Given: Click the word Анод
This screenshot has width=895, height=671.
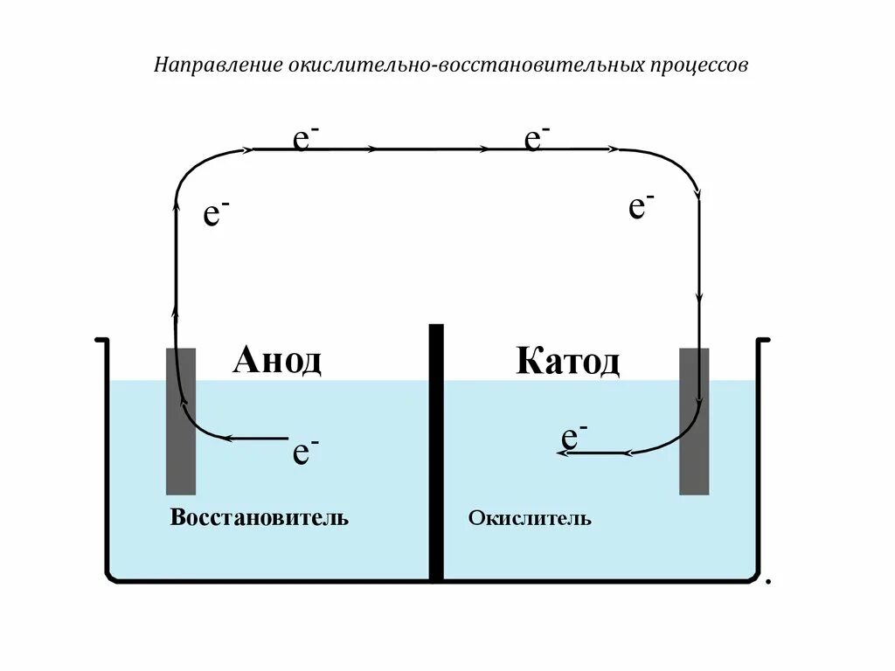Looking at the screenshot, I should click(277, 359).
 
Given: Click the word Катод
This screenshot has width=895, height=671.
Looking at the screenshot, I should click(567, 360).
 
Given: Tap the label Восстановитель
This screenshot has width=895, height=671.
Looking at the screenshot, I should click(260, 517).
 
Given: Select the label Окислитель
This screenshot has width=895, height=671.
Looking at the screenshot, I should click(530, 519).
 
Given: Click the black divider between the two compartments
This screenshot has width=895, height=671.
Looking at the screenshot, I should click(436, 454).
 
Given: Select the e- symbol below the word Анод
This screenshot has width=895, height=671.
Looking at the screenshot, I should click(305, 452).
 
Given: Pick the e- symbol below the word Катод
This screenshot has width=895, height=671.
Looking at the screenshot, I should click(573, 436).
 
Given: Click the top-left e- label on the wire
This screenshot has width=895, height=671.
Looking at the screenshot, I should click(305, 138).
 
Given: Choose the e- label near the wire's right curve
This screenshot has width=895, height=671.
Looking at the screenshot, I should click(642, 206).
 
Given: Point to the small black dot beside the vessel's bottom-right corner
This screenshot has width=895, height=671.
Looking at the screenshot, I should click(767, 580).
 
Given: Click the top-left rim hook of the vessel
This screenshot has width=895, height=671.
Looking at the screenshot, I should click(101, 340).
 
